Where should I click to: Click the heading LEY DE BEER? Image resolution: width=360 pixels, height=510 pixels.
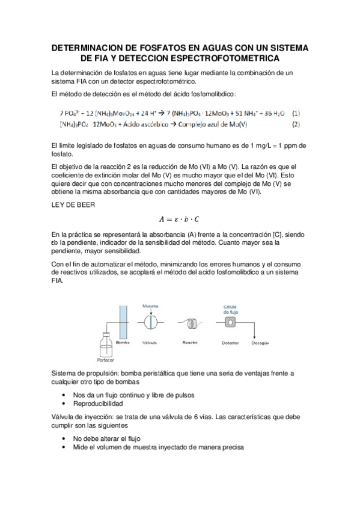click(x=74, y=205)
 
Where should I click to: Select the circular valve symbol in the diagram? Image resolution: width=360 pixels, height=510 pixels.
click(x=150, y=323)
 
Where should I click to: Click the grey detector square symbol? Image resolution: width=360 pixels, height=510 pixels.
click(x=230, y=322)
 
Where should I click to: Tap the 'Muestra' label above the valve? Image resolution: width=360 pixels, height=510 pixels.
click(x=150, y=306)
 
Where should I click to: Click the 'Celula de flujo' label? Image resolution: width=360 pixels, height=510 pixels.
click(x=231, y=309)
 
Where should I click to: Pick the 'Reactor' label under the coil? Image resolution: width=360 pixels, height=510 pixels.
click(x=190, y=342)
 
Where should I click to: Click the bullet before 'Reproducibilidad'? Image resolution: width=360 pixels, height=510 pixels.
click(x=64, y=404)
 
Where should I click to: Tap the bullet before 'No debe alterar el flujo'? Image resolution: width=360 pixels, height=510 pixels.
click(x=64, y=438)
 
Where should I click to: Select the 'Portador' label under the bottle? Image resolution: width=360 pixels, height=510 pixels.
click(x=105, y=361)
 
